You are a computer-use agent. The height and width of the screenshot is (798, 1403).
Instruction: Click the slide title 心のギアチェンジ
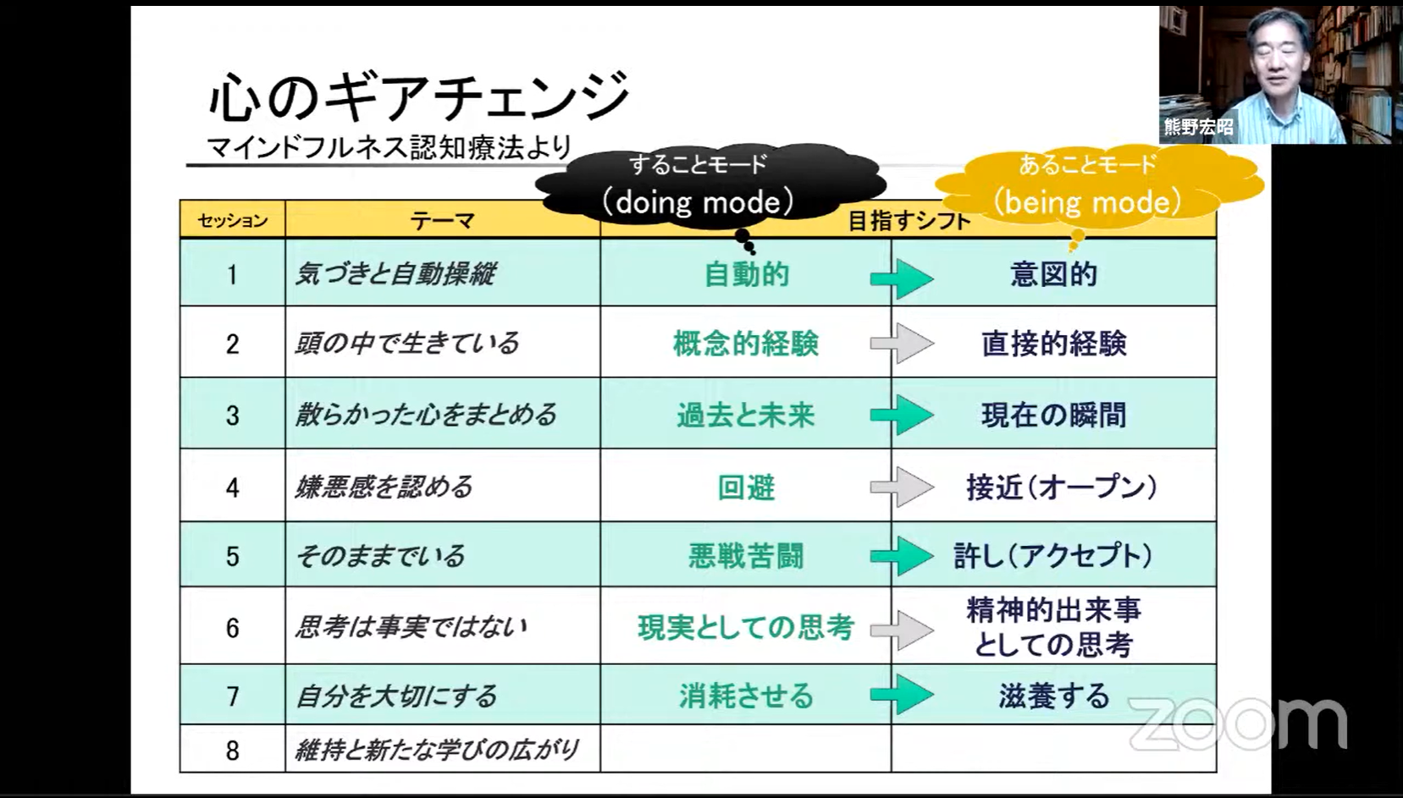[x=418, y=96]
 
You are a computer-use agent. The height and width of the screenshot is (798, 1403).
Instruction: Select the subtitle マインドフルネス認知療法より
[x=389, y=147]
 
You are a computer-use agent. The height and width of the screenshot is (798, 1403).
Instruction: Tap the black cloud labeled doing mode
[x=699, y=185]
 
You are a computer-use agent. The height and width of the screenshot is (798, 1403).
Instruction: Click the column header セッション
[x=232, y=221]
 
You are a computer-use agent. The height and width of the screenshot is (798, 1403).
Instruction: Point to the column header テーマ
[x=442, y=221]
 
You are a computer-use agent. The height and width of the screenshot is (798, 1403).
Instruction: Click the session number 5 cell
[x=232, y=556]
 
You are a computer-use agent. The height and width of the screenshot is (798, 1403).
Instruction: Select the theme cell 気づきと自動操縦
[x=395, y=274]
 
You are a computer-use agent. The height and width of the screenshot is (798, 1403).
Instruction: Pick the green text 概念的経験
[x=745, y=344]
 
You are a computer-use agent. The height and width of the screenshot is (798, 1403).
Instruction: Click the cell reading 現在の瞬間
[x=1053, y=415]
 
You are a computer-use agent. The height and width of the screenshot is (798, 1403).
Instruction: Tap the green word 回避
[x=745, y=487]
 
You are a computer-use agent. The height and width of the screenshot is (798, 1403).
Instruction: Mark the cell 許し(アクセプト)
[x=1053, y=556]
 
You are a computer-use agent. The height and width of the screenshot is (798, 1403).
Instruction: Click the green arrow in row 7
[x=902, y=696]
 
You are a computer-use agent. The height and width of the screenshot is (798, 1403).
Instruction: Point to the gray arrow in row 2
[x=902, y=344]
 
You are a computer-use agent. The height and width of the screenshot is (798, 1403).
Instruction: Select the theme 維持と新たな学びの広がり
[x=436, y=750]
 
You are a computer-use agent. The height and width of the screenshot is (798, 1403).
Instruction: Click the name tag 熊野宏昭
[x=1198, y=127]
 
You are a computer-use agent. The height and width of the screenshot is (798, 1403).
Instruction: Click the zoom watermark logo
[x=1237, y=724]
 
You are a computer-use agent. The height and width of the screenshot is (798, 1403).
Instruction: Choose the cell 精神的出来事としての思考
[x=1053, y=627]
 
